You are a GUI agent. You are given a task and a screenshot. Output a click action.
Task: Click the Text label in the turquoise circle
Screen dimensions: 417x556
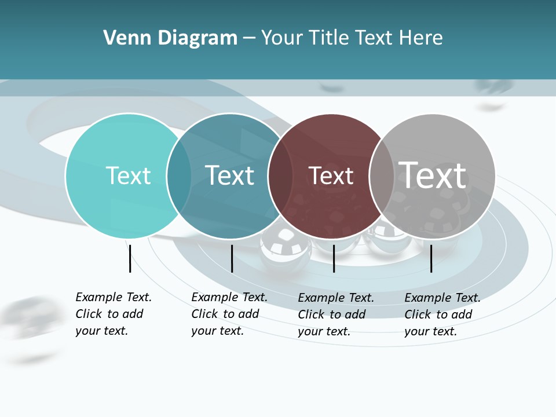(x=128, y=175)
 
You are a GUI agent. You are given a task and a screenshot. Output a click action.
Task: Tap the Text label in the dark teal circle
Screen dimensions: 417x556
(x=230, y=175)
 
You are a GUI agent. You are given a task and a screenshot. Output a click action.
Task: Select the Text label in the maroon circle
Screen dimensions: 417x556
(x=331, y=175)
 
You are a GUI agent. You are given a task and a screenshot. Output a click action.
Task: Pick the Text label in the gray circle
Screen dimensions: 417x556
(x=433, y=175)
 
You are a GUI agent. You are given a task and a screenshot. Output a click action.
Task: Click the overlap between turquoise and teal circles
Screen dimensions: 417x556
(x=179, y=176)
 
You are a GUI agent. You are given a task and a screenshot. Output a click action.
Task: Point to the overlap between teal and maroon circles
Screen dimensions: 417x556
(x=280, y=176)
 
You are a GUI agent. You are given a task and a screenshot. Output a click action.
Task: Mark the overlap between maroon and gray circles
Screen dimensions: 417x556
(x=382, y=176)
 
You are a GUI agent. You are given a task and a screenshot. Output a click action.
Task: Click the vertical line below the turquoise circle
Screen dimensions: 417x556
(x=130, y=258)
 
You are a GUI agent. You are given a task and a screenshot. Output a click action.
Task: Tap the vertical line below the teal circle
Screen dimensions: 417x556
(x=232, y=258)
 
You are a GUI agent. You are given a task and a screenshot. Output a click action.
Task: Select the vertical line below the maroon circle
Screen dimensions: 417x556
(x=334, y=258)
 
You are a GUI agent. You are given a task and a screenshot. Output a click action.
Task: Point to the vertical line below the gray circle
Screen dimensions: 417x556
(x=431, y=258)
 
